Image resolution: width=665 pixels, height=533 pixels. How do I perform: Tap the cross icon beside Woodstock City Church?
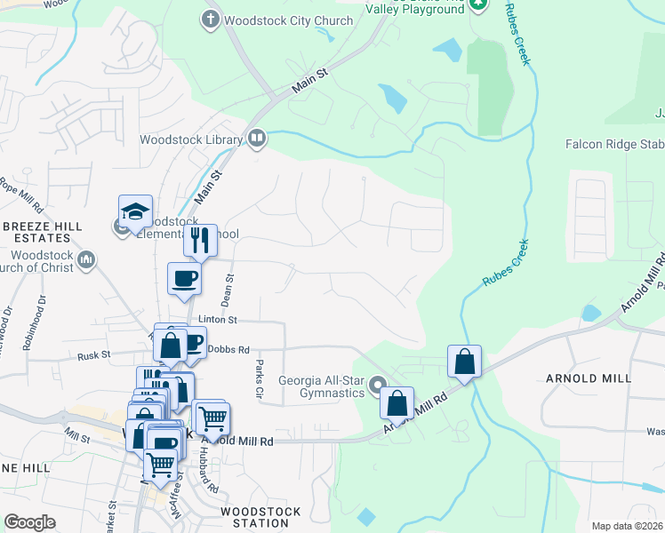[211, 20]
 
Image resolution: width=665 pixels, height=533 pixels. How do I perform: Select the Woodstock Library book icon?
[256, 138]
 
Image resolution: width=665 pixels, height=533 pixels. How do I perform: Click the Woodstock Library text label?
[190, 139]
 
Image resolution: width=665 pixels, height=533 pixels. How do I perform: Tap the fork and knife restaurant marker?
[200, 240]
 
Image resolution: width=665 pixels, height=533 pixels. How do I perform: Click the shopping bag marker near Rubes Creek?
[464, 362]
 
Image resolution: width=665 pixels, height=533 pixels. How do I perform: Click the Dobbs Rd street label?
[229, 349]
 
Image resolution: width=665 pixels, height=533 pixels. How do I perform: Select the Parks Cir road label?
[259, 379]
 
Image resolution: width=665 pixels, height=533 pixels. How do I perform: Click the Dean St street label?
[229, 287]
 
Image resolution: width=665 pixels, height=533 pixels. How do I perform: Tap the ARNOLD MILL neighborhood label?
[593, 378]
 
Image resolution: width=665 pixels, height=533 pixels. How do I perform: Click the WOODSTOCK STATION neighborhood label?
[260, 517]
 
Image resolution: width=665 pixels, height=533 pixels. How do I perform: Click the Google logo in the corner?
[29, 522]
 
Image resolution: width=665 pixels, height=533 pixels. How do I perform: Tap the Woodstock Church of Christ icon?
[85, 259]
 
